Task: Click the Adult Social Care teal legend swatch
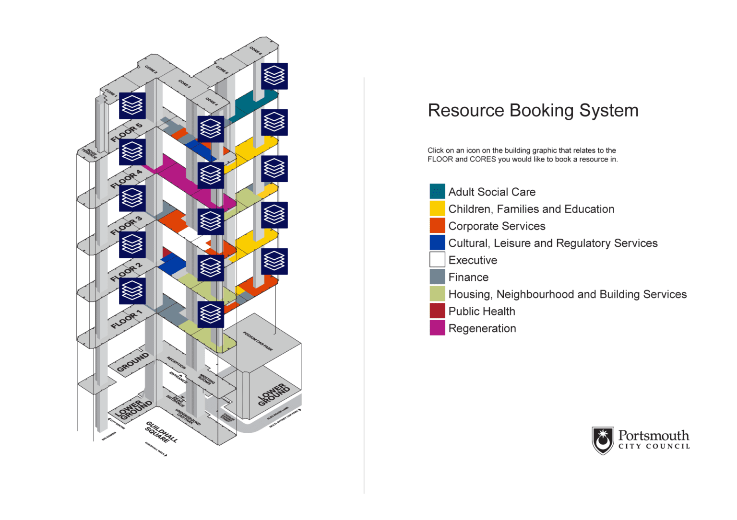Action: (x=437, y=191)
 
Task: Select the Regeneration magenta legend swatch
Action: (x=437, y=328)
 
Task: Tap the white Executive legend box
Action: (x=437, y=260)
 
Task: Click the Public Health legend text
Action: (x=481, y=312)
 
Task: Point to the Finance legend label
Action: (x=468, y=277)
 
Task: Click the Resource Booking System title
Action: (x=533, y=110)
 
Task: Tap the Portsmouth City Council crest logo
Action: (x=603, y=440)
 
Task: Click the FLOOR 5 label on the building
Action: (x=126, y=133)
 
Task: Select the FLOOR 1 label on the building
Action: (x=126, y=319)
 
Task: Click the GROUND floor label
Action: (x=132, y=363)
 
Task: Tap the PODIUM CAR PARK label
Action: (x=258, y=341)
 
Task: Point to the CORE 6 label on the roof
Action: (x=255, y=50)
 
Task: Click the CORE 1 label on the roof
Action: (x=110, y=92)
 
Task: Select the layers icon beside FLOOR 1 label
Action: (x=132, y=291)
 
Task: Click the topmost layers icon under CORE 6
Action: (x=274, y=76)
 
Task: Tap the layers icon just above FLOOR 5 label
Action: (x=132, y=105)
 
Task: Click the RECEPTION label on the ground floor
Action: (x=176, y=362)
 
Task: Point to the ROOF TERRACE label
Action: (x=90, y=153)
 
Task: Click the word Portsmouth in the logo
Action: (x=653, y=435)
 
